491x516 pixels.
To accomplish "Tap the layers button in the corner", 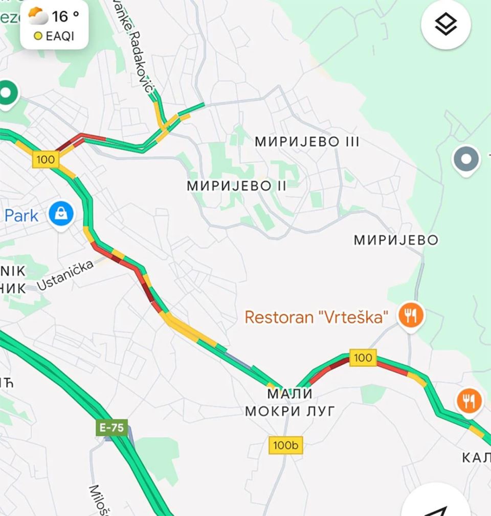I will (445, 25).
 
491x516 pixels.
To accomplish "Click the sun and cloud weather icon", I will (37, 16).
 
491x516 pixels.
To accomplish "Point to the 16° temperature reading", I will (66, 16).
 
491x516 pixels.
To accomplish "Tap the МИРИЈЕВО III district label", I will (307, 142).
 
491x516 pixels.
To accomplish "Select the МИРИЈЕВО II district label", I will (237, 185).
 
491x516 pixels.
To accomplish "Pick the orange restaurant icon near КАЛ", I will (469, 401).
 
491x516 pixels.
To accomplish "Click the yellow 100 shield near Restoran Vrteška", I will (363, 358).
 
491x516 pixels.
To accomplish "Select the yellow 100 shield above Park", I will (46, 159).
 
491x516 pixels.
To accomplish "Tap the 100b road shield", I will (285, 445).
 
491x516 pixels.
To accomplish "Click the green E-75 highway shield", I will (111, 428).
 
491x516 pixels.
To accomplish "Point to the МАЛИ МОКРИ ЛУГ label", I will (289, 402).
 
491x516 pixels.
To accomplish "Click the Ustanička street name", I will (65, 274).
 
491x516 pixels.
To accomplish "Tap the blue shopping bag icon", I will (61, 215).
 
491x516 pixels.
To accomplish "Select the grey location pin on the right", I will (466, 159).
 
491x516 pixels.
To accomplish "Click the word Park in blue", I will (21, 216).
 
